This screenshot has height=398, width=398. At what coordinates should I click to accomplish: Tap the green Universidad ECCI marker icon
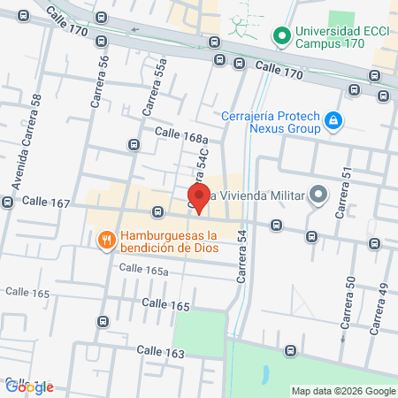pyautogui.click(x=281, y=36)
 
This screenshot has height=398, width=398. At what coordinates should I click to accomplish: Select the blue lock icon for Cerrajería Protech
pyautogui.click(x=333, y=119)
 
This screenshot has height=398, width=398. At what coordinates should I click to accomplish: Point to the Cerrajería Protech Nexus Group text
pyautogui.click(x=274, y=119)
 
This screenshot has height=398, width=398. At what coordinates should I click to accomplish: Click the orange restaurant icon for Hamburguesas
pyautogui.click(x=106, y=240)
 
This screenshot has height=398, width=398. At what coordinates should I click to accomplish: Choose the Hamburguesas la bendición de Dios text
pyautogui.click(x=169, y=241)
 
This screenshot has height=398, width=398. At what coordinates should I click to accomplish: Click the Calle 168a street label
pyautogui.click(x=180, y=134)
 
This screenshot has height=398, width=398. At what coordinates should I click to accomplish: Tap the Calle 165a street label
pyautogui.click(x=143, y=270)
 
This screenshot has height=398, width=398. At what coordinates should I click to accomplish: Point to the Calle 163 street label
pyautogui.click(x=160, y=351)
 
